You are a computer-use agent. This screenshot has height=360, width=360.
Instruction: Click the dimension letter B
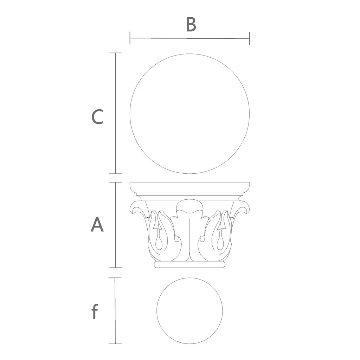click(x=191, y=24)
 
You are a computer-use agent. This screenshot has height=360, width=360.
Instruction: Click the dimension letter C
click(x=97, y=117)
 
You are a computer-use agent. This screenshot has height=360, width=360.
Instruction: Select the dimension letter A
click(x=97, y=225)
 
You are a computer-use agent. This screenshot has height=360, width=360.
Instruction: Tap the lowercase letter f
click(x=95, y=311)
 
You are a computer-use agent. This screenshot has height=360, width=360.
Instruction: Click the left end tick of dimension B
click(x=130, y=38)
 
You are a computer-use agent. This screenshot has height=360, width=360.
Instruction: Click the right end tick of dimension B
click(x=249, y=39)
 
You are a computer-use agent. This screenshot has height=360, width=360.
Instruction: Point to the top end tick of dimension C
click(x=115, y=53)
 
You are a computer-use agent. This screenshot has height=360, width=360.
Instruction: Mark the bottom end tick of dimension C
click(x=115, y=174)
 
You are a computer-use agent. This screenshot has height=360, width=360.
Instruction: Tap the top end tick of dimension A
click(x=115, y=182)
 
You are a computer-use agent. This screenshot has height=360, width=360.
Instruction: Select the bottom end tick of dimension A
click(x=115, y=268)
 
